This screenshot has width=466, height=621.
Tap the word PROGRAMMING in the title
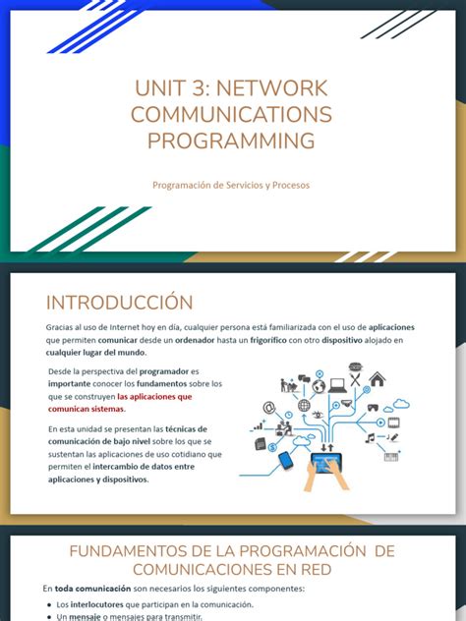click(232, 141)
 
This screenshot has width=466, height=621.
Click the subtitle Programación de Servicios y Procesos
click(232, 185)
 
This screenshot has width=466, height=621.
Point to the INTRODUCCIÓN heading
click(120, 302)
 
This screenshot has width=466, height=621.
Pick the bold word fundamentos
click(183, 384)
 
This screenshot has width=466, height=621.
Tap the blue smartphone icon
click(286, 459)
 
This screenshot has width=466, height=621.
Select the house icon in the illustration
click(377, 379)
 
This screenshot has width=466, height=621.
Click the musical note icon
click(370, 437)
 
